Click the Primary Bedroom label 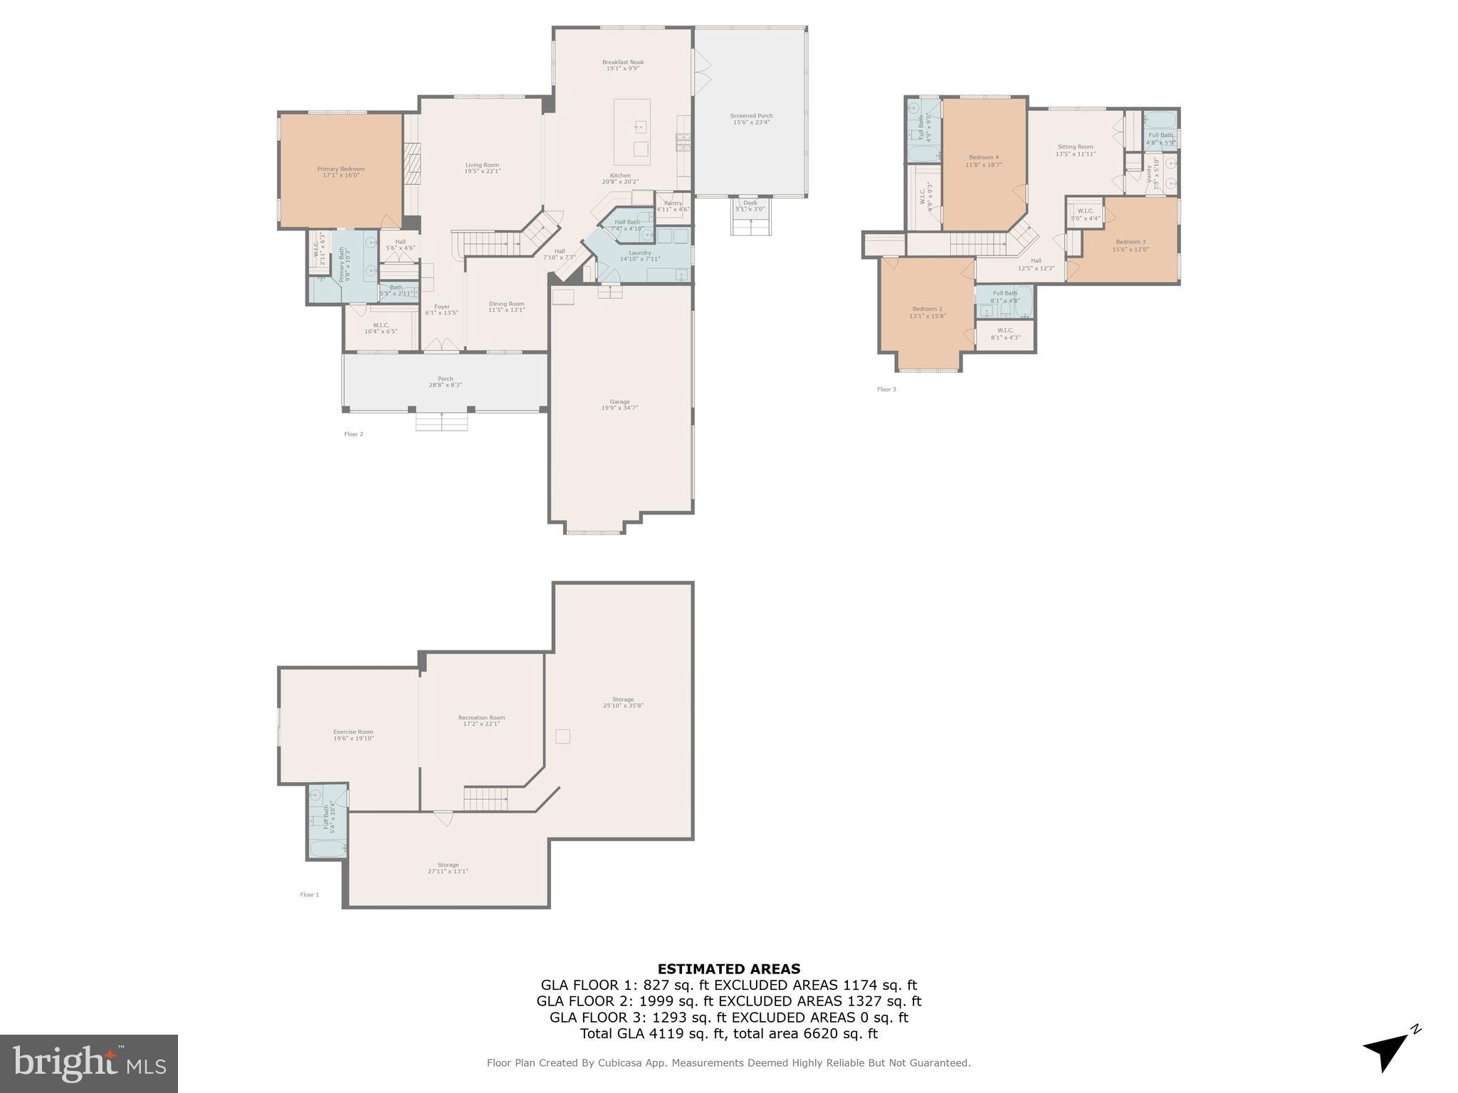coord(340,169)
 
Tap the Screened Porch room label coord(751,116)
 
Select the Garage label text coord(619,402)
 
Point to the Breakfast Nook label coord(623,63)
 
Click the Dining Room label coord(506,304)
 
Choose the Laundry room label coord(640,253)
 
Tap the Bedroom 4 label coord(983,157)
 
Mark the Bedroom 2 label coord(927,309)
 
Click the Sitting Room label coord(1075,147)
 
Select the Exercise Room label coord(353,732)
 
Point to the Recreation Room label coord(481,718)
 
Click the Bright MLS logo coord(88,1063)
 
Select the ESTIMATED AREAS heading coord(728,968)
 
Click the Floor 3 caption coord(886,389)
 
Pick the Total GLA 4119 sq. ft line coord(728,1034)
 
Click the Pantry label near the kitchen coord(673,204)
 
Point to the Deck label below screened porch coord(750,203)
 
